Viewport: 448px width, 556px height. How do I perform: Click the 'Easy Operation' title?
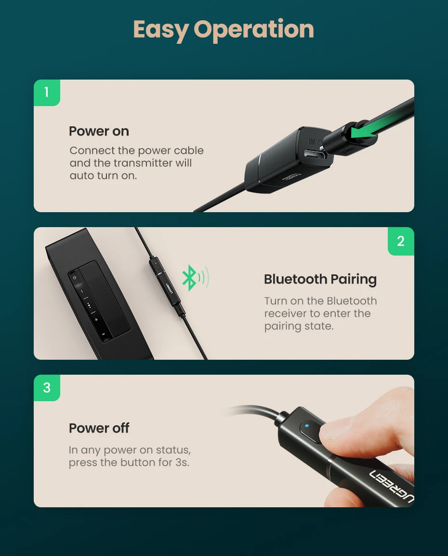click(x=224, y=30)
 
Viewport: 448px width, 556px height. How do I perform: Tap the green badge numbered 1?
click(x=47, y=93)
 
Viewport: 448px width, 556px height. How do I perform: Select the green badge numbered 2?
click(x=401, y=241)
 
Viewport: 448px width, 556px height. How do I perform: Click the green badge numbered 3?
click(x=47, y=388)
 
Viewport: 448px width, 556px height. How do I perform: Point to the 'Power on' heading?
click(x=99, y=131)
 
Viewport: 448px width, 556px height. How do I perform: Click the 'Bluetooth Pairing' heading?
click(x=320, y=279)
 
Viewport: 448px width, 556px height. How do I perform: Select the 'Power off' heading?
click(x=99, y=428)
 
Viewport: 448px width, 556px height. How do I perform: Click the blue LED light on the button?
click(x=307, y=426)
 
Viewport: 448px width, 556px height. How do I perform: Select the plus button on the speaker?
click(x=96, y=320)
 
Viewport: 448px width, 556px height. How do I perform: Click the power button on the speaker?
click(x=74, y=278)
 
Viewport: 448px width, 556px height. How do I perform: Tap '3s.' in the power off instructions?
click(x=182, y=463)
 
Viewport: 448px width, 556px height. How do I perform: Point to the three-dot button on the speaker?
click(x=89, y=305)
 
